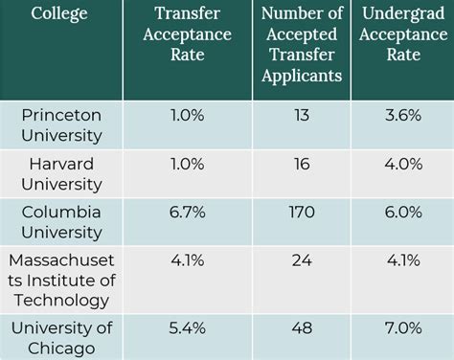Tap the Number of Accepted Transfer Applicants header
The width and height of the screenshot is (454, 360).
click(302, 51)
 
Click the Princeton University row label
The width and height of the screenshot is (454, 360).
click(61, 124)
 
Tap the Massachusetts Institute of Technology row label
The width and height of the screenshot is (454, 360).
click(61, 279)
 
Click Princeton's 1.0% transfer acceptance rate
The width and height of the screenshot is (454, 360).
click(187, 114)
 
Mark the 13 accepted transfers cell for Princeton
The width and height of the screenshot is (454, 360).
click(302, 114)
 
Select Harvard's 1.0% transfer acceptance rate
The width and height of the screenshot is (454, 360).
click(187, 164)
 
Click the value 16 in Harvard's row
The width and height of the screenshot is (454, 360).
click(302, 164)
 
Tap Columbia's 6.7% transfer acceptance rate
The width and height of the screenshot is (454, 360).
click(187, 213)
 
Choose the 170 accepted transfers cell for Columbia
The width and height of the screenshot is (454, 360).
click(302, 213)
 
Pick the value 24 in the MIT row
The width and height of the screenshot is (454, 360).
click(302, 261)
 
